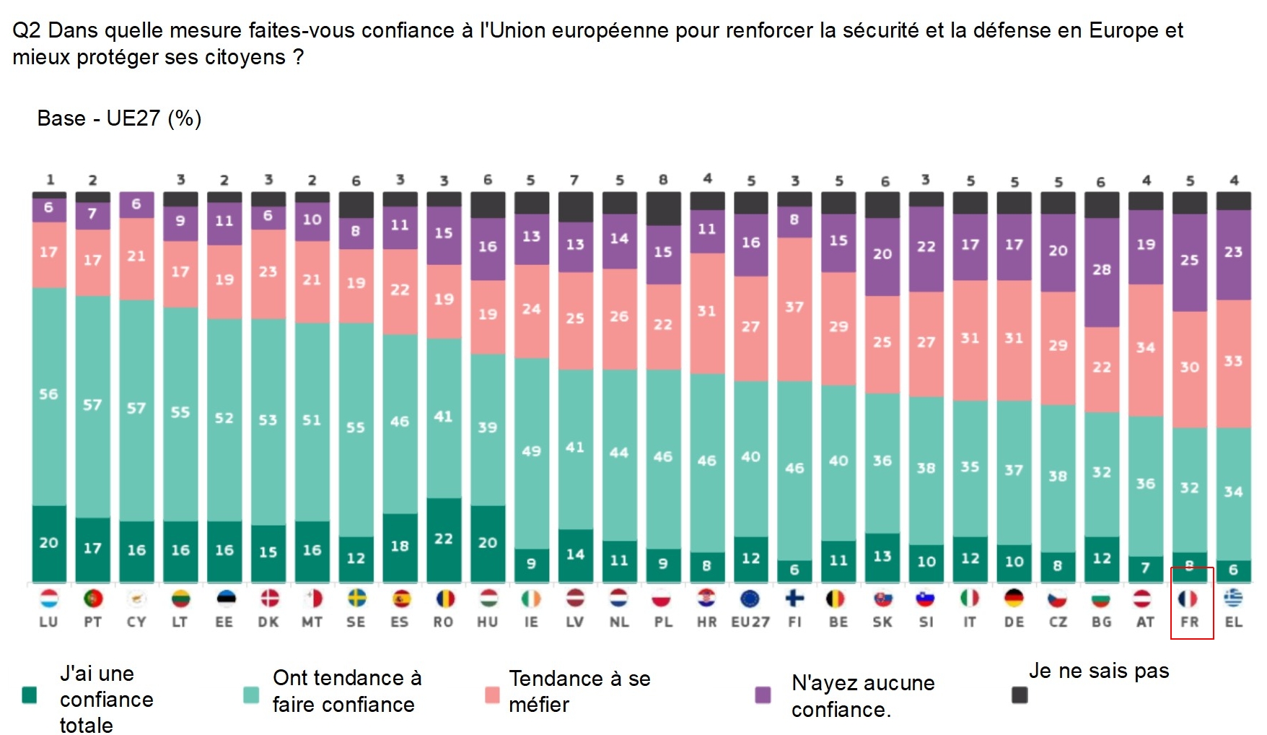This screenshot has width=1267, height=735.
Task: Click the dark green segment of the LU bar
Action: coord(49,543)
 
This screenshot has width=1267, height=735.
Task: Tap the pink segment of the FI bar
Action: coord(794,308)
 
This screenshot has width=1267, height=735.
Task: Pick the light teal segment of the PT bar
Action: coord(92,406)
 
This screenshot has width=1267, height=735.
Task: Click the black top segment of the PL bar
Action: coord(663,209)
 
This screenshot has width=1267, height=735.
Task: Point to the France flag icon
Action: coord(1188,599)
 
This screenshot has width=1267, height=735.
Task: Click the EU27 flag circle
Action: coord(750,599)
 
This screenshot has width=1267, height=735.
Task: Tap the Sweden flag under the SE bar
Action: coord(356,599)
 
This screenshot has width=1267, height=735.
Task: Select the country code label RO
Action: coord(443,622)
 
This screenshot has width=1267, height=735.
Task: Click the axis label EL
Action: coord(1234,622)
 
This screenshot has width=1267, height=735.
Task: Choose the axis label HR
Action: coord(706,622)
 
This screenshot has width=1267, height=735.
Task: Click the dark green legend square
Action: coord(30,695)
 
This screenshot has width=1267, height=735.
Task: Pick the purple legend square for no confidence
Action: coord(763,695)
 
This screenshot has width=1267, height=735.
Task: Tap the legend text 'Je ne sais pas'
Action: coord(1098,671)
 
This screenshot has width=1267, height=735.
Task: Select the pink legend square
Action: coord(492,695)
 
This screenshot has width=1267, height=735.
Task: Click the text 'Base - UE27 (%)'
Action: coord(119,118)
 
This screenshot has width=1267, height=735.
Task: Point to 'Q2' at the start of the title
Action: coord(27,30)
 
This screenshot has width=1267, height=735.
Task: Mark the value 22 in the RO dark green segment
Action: coord(444,539)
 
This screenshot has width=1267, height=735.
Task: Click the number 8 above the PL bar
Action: coord(663,180)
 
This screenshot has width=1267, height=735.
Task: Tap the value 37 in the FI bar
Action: coord(794,307)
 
